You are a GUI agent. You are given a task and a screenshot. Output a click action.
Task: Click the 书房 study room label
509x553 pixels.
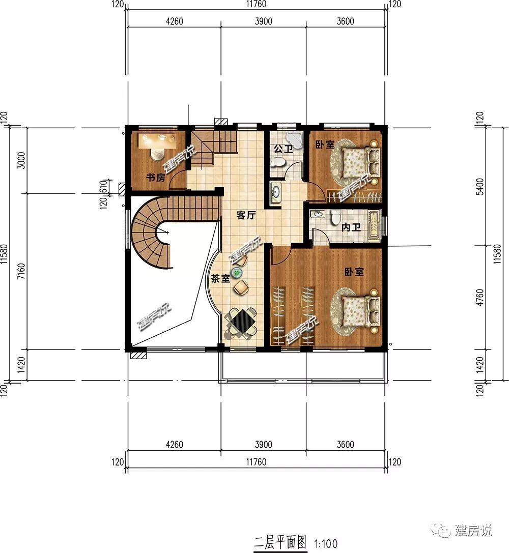[x=156, y=177]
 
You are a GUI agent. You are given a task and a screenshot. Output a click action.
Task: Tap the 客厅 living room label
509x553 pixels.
[x=246, y=215]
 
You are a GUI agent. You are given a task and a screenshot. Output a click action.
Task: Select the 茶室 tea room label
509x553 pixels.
[x=220, y=279]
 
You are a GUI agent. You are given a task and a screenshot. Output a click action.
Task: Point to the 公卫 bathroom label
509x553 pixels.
[x=283, y=149]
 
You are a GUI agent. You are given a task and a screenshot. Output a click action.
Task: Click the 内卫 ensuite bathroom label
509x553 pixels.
[x=351, y=227]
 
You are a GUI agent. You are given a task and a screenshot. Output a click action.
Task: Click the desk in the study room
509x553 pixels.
[x=157, y=141]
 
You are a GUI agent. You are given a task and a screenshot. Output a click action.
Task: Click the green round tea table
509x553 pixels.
[x=236, y=272]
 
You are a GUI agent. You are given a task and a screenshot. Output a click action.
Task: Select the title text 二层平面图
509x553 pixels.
[x=280, y=542]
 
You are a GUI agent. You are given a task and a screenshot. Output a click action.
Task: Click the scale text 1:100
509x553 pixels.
[x=326, y=544]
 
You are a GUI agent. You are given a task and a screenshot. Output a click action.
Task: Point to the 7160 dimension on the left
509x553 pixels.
[x=21, y=271]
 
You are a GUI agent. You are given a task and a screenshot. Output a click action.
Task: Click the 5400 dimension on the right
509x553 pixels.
[x=479, y=187]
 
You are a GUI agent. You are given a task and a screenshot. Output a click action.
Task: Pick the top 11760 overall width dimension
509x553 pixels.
[x=256, y=4]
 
